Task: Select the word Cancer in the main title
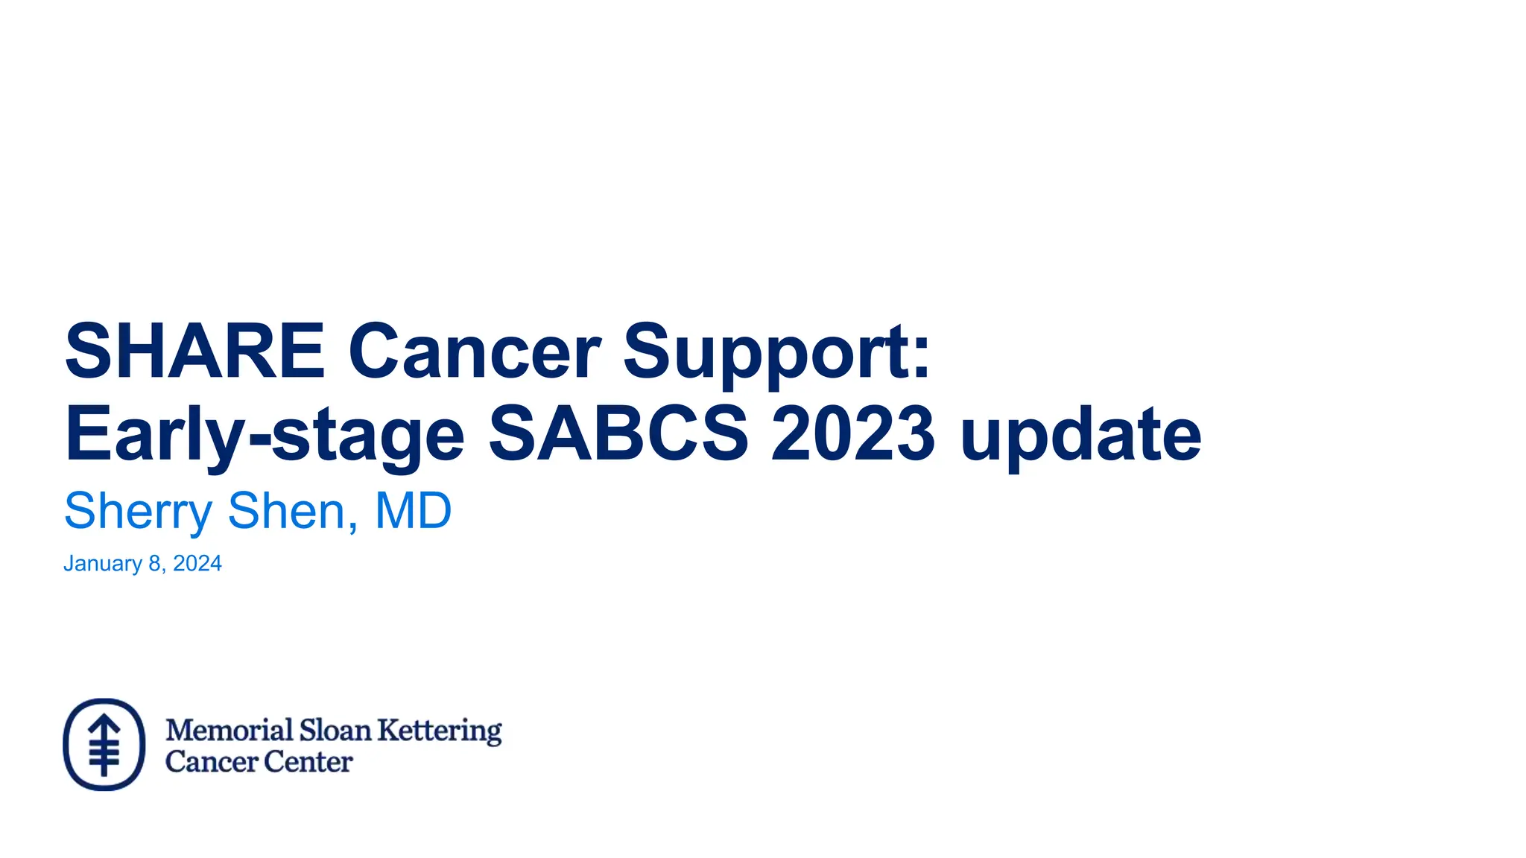[x=474, y=351]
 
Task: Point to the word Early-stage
[x=265, y=434]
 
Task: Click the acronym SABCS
[x=618, y=434]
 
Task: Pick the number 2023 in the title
[x=852, y=434]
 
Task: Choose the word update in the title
[x=1080, y=434]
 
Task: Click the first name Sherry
[x=139, y=512]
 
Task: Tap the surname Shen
[x=287, y=512]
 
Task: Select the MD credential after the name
[x=413, y=512]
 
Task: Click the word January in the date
[x=103, y=564]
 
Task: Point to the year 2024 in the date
[x=197, y=564]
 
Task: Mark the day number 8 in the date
[x=155, y=564]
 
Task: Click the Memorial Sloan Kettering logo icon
[x=104, y=744]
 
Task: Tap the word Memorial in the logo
[x=229, y=730]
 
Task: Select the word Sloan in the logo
[x=335, y=730]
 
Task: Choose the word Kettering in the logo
[x=440, y=731]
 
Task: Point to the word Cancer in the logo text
[x=212, y=762]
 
